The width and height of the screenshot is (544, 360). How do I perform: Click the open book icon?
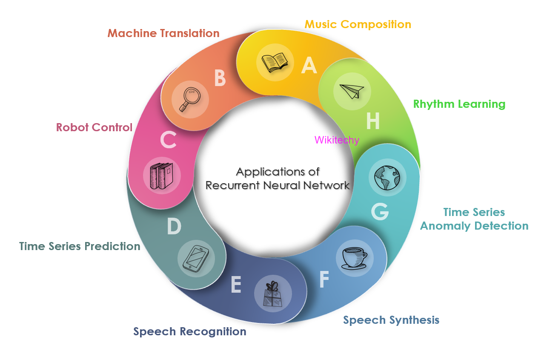(x=275, y=63)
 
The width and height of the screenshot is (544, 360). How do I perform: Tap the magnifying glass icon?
(x=190, y=99)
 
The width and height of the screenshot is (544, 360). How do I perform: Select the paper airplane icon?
(x=352, y=91)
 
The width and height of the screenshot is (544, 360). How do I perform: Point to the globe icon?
(x=387, y=177)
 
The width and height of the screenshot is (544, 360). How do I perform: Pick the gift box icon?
(x=272, y=294)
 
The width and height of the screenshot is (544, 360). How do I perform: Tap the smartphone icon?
(x=196, y=259)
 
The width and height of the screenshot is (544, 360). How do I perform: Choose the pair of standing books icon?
(x=162, y=175)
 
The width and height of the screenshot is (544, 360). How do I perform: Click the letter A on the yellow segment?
(x=309, y=65)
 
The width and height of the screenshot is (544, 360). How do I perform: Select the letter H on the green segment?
(x=373, y=121)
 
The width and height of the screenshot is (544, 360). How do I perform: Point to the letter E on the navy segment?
(x=236, y=285)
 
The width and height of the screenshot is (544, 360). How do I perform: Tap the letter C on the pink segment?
(x=169, y=139)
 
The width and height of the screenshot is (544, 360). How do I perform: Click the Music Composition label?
(x=358, y=24)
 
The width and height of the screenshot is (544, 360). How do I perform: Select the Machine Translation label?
(x=163, y=33)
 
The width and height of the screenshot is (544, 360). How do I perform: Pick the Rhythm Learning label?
(x=459, y=104)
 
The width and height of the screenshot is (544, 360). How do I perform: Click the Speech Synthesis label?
(x=391, y=320)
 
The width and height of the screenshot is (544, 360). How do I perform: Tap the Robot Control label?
(x=94, y=127)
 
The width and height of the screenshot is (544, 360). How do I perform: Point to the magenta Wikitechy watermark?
(x=337, y=140)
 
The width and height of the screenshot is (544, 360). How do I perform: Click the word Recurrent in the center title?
(x=232, y=185)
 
